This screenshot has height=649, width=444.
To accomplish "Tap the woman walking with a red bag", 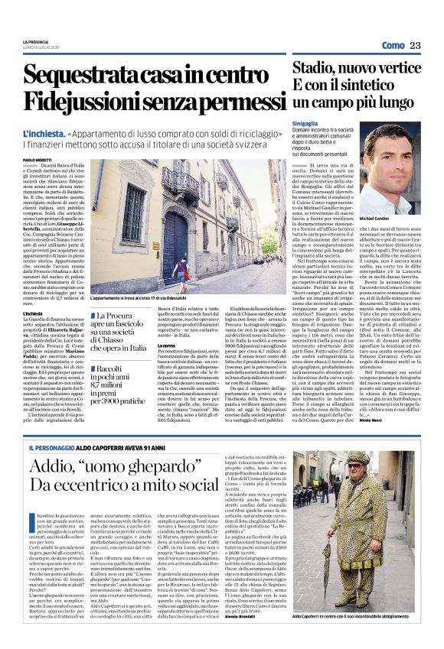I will (178, 271).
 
